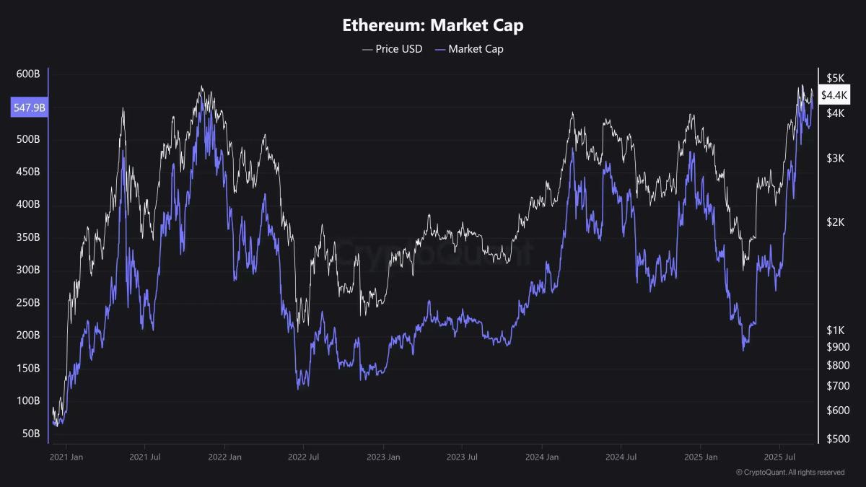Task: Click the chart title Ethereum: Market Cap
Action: (x=433, y=25)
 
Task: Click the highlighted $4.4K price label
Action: (x=834, y=95)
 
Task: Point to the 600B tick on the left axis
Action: (x=27, y=74)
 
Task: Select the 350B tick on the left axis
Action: (x=27, y=237)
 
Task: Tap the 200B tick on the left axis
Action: (x=27, y=335)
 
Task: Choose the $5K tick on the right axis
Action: (x=835, y=78)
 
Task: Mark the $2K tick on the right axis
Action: (x=835, y=222)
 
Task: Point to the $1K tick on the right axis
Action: (x=835, y=330)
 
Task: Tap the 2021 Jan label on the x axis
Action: (x=66, y=457)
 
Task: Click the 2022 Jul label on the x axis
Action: (x=304, y=457)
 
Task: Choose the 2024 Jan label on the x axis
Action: (x=542, y=457)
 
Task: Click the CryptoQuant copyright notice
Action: (x=790, y=473)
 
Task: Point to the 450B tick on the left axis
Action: (x=27, y=172)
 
